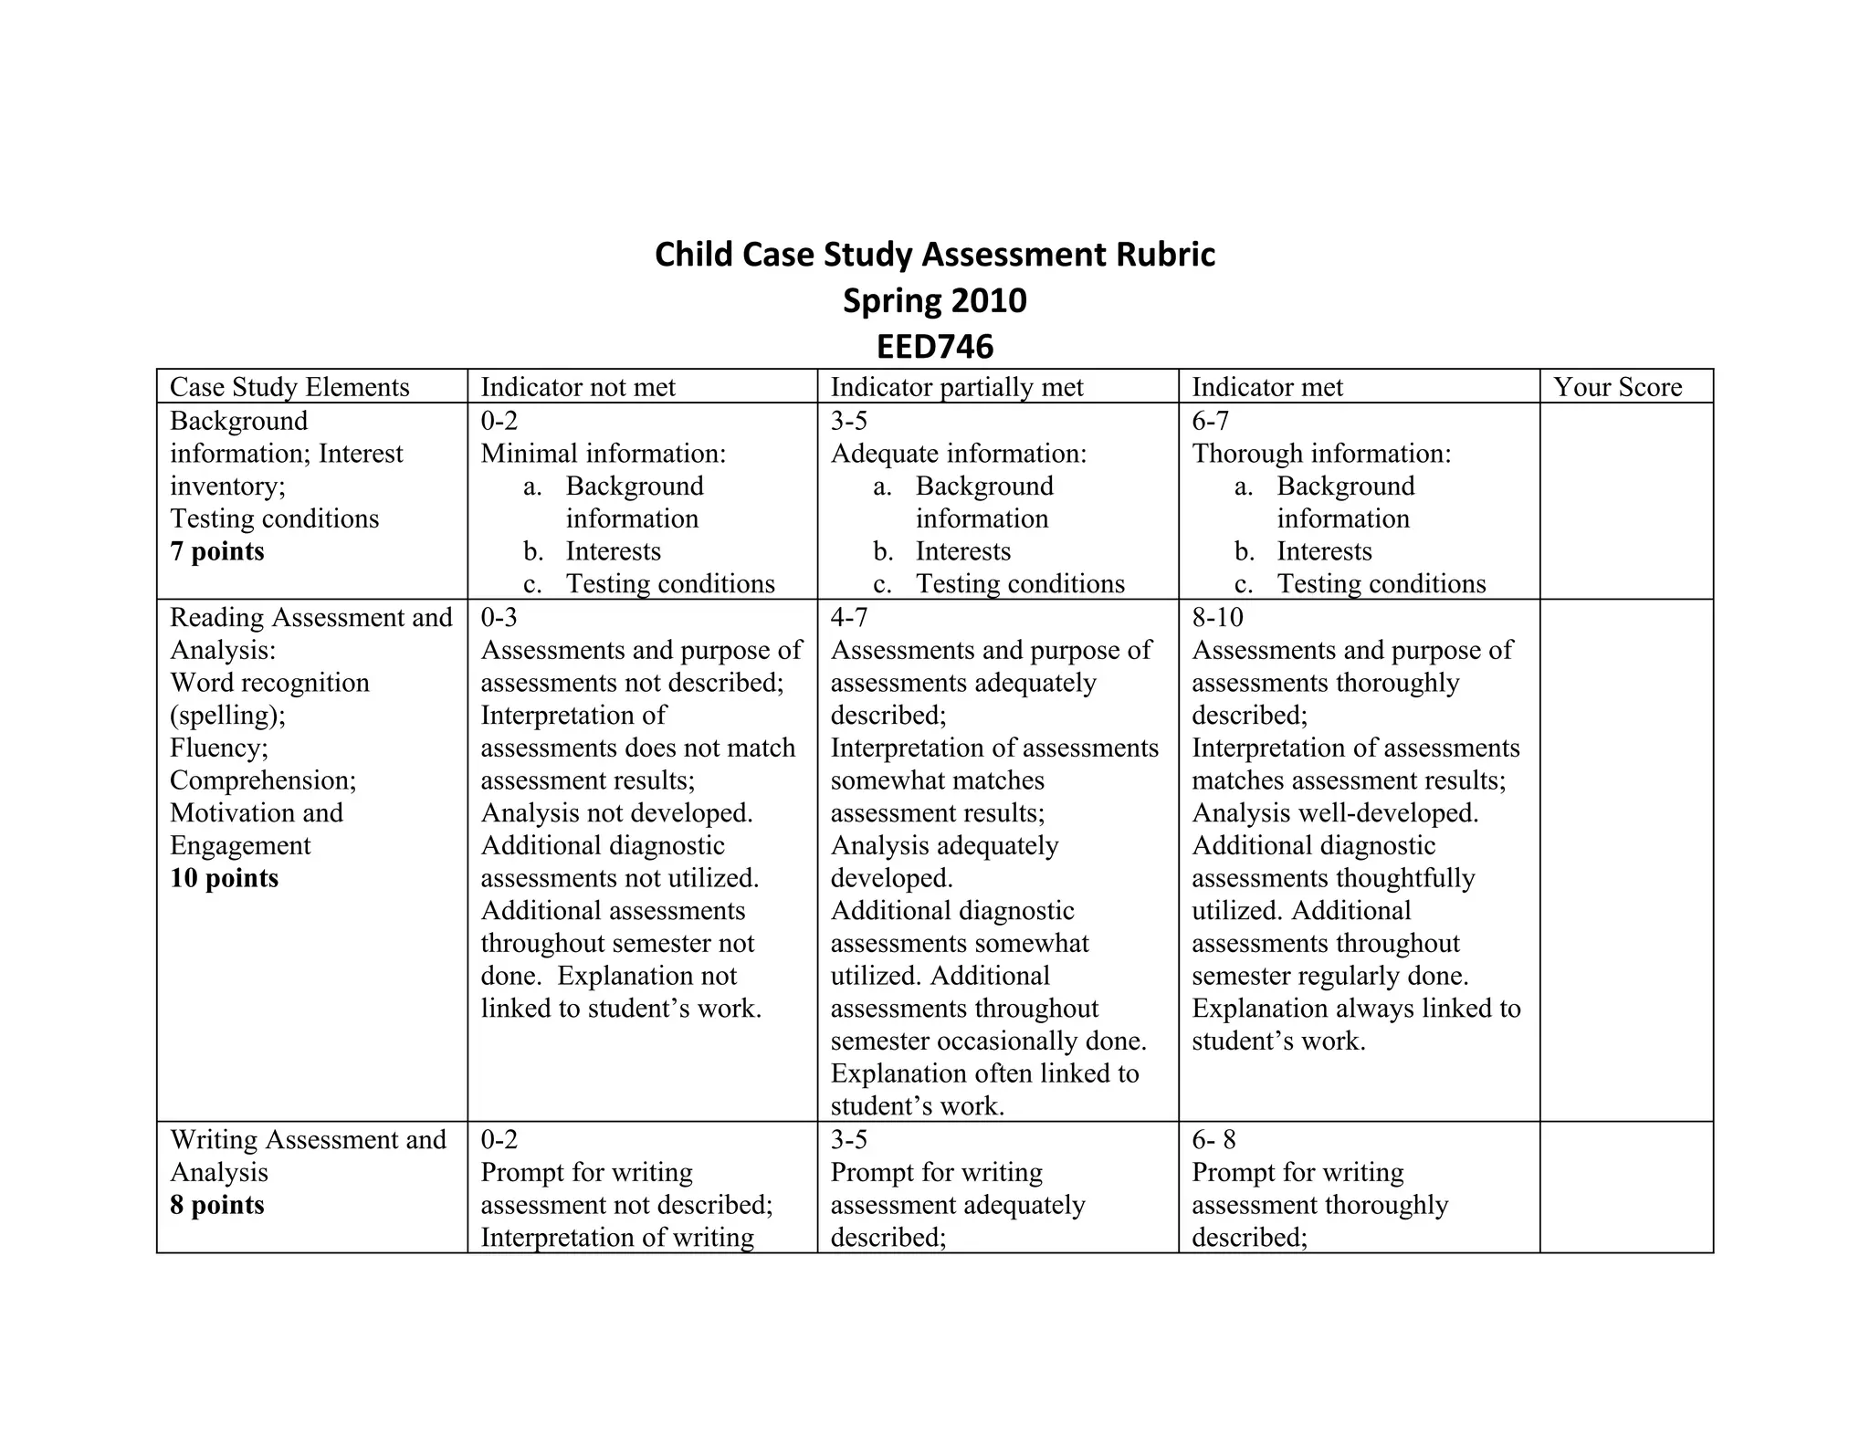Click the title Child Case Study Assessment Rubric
click(x=934, y=255)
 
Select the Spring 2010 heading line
click(x=934, y=300)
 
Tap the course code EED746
click(x=934, y=347)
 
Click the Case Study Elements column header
click(x=289, y=387)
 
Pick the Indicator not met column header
click(x=578, y=387)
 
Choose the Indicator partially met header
click(x=956, y=387)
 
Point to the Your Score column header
click(x=1617, y=387)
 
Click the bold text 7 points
click(x=217, y=551)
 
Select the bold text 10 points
click(x=224, y=878)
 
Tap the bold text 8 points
click(x=217, y=1205)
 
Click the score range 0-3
click(x=499, y=618)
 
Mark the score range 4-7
click(x=848, y=618)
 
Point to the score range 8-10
click(x=1217, y=618)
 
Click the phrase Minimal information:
click(x=604, y=454)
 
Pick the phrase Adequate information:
click(x=959, y=454)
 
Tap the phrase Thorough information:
click(x=1321, y=454)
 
